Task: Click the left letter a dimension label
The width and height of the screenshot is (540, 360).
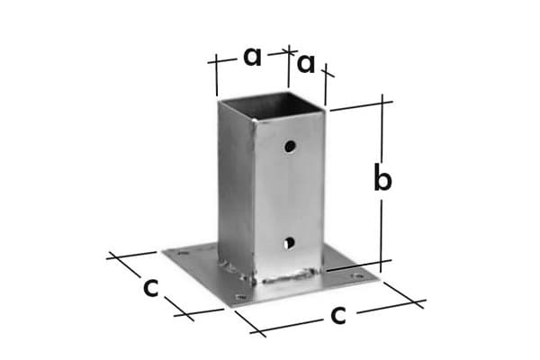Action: (252, 57)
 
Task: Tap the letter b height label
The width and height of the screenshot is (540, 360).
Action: (382, 180)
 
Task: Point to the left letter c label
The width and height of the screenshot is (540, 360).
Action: (152, 287)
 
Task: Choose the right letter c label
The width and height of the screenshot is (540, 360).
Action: (338, 314)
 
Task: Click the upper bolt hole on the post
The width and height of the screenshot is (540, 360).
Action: (290, 145)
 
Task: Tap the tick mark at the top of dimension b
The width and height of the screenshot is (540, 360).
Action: (384, 99)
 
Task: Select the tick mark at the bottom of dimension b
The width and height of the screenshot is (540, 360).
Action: (385, 263)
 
